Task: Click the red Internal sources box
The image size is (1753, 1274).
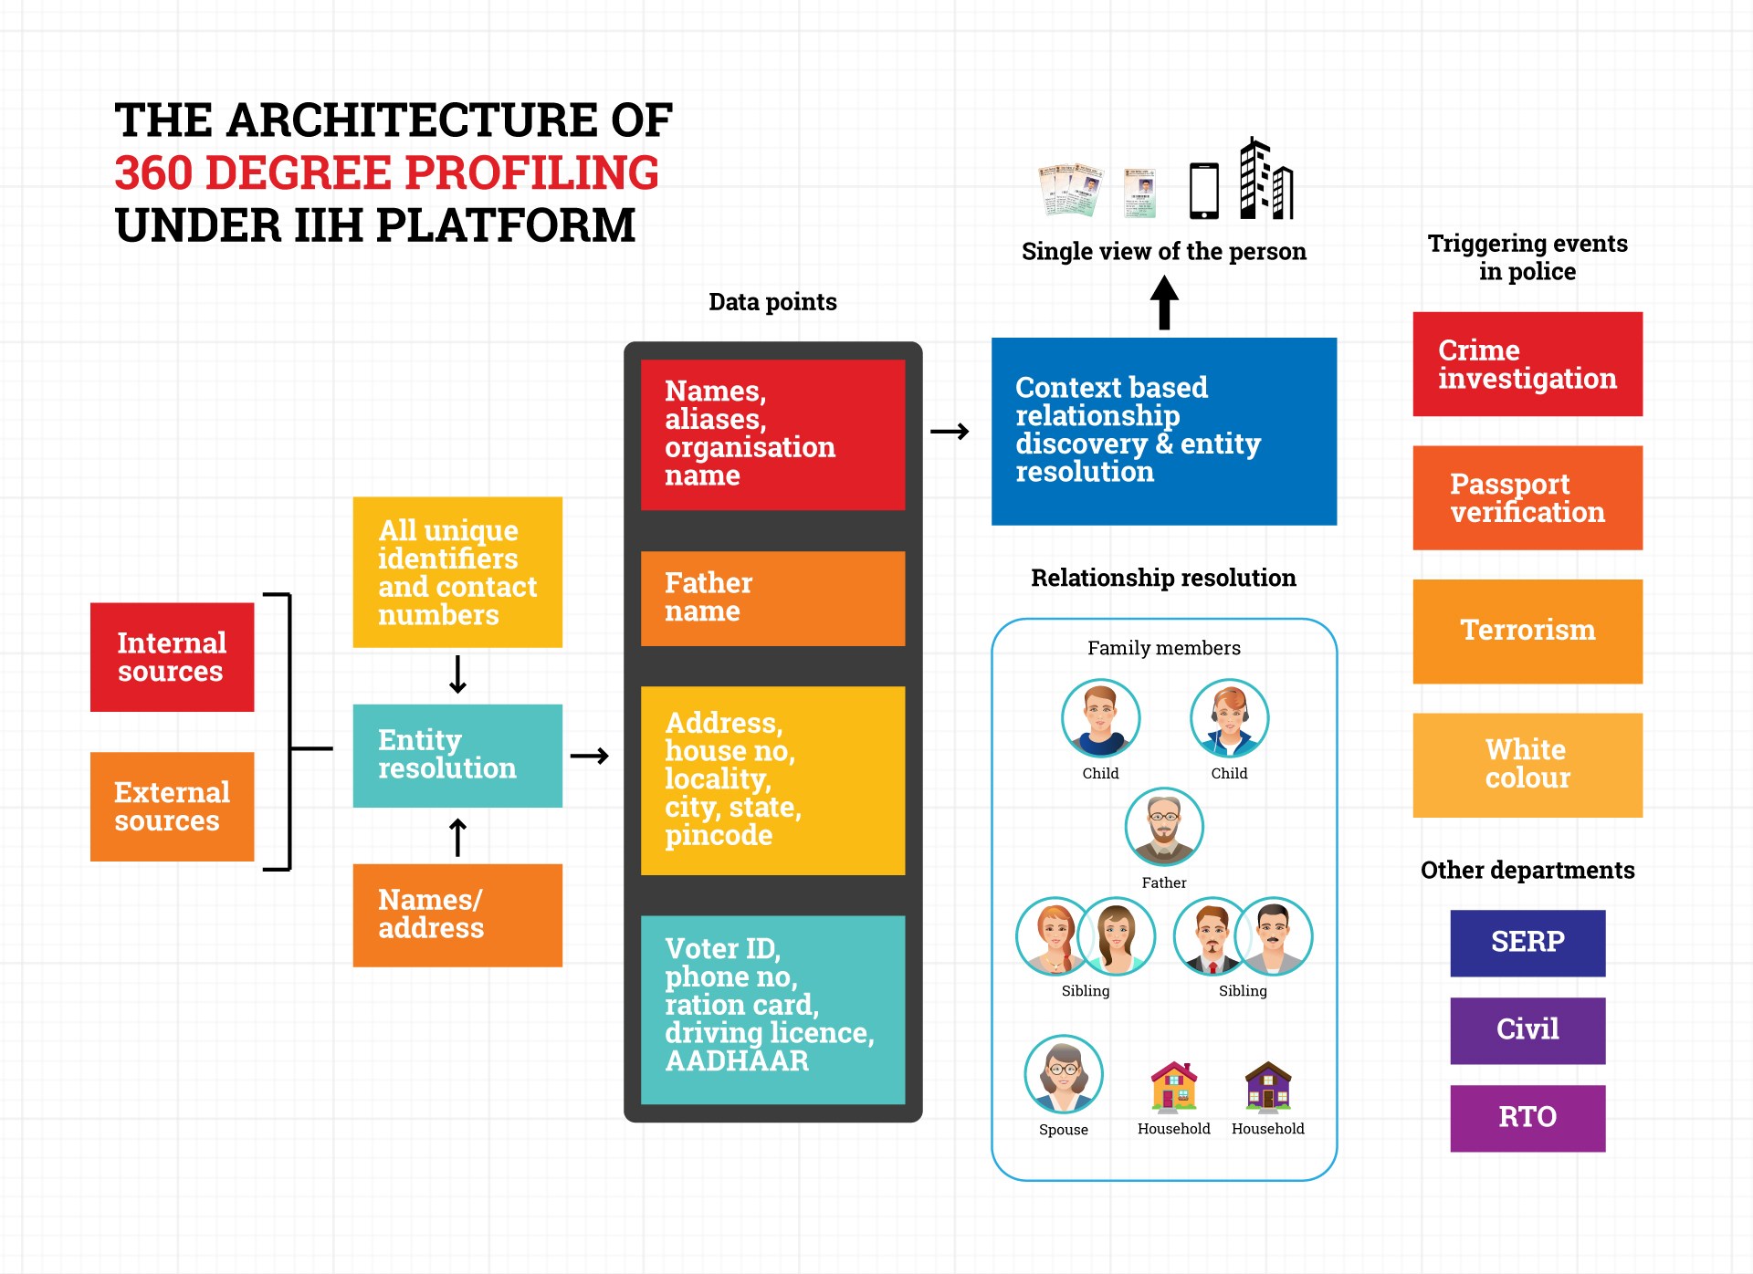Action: tap(172, 657)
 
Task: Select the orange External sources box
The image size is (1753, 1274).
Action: tap(172, 806)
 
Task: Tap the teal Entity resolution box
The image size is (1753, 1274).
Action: tap(457, 755)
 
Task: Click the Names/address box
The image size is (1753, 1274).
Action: tap(457, 914)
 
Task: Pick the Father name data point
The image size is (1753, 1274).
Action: tap(772, 598)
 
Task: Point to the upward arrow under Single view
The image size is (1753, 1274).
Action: tap(1163, 302)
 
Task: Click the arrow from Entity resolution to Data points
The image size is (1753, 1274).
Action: tap(590, 756)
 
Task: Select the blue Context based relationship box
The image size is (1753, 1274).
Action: tap(1163, 431)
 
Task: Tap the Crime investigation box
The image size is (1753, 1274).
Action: tap(1527, 364)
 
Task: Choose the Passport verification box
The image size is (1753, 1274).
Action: tap(1527, 497)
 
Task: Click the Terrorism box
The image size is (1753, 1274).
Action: tap(1527, 631)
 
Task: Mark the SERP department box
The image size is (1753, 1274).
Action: tap(1527, 942)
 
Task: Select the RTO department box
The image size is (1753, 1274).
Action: tap(1527, 1117)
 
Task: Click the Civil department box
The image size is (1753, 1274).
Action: tap(1527, 1029)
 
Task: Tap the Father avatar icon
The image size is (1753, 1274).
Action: tap(1163, 827)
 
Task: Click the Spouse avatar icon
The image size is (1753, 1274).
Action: tap(1063, 1074)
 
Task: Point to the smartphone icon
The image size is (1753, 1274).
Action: tap(1203, 191)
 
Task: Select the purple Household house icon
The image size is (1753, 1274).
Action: tap(1267, 1086)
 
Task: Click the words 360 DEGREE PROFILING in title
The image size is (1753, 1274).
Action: tap(386, 172)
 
